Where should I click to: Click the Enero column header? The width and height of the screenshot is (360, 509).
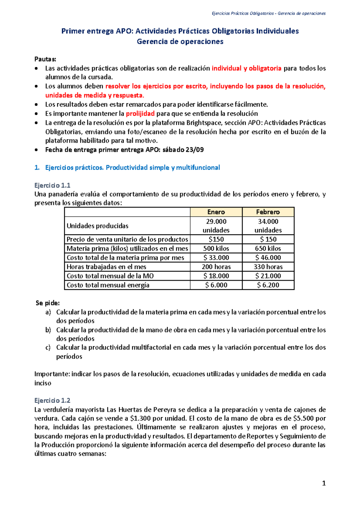point(216,212)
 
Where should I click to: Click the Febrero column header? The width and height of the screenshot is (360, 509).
point(268,212)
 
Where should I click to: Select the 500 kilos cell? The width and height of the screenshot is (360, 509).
point(216,249)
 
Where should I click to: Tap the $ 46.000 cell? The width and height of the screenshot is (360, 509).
point(268,257)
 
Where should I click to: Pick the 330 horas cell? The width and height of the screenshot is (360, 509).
point(268,267)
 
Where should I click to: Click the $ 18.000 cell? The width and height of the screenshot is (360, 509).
point(216,276)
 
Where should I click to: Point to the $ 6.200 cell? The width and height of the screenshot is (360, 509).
point(268,285)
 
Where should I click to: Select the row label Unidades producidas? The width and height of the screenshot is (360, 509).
point(97,226)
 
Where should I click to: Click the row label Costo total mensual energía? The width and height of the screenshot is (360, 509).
point(108,285)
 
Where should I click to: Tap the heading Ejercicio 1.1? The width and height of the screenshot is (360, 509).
point(52,185)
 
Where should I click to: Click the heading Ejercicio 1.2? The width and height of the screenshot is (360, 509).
point(52,400)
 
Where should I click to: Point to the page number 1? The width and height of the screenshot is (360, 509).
point(324,483)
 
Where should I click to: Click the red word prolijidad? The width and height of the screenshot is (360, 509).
point(140,114)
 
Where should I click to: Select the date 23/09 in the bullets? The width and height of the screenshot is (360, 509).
point(195,150)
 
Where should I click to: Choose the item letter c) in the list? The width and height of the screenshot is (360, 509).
point(48,347)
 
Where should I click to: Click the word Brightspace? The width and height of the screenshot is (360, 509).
point(205,123)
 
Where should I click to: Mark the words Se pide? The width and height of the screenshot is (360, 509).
point(48,303)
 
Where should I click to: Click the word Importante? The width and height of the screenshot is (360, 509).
point(52,374)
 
